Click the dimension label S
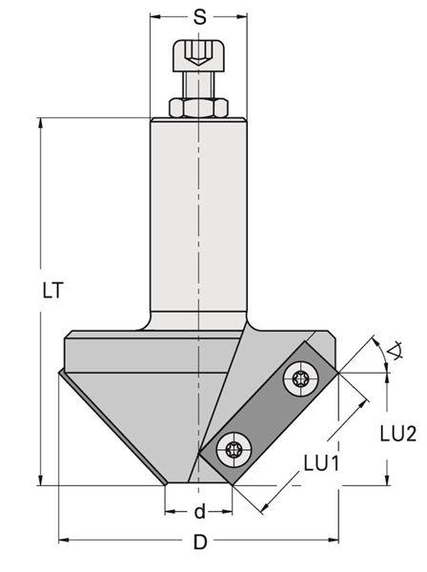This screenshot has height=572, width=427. click(199, 17)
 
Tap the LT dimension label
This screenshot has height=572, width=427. click(53, 291)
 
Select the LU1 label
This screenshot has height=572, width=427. click(322, 463)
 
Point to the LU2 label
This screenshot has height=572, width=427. click(397, 434)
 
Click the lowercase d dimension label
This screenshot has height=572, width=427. click(200, 511)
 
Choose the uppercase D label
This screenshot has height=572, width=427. click(200, 541)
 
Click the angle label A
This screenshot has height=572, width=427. click(395, 351)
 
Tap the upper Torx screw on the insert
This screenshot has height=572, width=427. click(301, 378)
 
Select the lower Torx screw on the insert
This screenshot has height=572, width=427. click(234, 448)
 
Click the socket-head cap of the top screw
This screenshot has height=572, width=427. click(199, 55)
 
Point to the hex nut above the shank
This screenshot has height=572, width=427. click(199, 108)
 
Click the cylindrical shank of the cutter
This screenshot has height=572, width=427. click(199, 219)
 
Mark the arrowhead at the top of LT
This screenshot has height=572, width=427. click(41, 123)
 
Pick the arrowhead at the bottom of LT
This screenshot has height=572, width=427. click(41, 480)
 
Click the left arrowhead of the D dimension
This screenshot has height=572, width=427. click(64, 540)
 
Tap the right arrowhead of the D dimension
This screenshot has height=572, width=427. click(334, 540)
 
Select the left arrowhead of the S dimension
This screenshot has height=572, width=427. click(155, 16)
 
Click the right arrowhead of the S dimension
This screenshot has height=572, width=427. click(242, 16)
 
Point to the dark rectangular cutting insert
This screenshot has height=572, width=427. click(269, 414)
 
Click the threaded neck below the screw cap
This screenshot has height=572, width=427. click(199, 84)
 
